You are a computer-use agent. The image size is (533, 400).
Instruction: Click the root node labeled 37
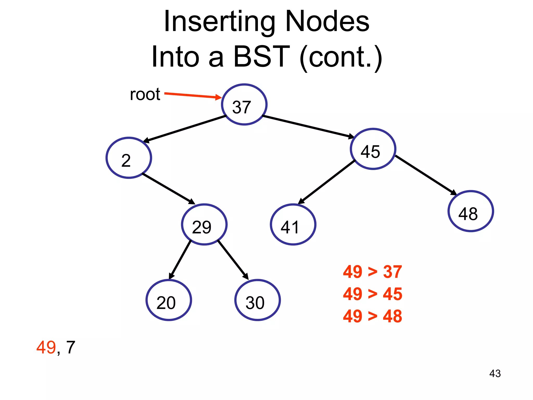coord(244,104)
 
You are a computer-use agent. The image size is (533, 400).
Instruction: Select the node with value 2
coord(129,158)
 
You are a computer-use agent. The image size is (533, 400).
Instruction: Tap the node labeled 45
coord(373,149)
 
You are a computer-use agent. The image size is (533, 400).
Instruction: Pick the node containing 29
coord(204,224)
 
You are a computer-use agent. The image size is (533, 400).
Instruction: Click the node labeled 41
coord(293,224)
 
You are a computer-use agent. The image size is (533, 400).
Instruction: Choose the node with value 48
coord(471,211)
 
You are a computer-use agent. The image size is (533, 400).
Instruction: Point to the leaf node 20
coord(169,300)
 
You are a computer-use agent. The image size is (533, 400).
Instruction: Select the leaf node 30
coord(257,300)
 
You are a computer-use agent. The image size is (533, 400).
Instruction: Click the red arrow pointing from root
coord(193,96)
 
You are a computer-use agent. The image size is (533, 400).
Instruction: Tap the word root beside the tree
coord(145,94)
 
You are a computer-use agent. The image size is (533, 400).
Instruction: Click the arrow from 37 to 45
coord(308,127)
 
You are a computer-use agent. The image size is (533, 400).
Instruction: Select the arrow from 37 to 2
coord(185,129)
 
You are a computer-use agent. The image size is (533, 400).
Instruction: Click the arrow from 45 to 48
coord(426,175)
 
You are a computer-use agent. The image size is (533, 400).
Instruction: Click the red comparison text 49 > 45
coord(372,294)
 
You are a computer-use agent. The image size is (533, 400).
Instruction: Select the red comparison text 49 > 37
coord(372,272)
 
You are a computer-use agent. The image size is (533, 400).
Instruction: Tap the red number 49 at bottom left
coord(46,347)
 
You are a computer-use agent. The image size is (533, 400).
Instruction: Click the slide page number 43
coord(495,374)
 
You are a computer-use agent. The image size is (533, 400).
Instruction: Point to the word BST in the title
coord(261,56)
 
